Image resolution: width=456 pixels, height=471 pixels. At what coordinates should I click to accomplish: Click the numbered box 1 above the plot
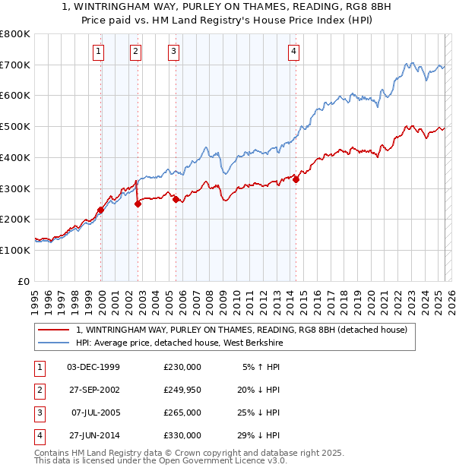(x=100, y=52)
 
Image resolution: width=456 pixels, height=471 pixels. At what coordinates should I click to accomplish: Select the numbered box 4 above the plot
(x=293, y=52)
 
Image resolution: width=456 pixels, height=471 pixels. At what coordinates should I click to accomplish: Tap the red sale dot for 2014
(x=296, y=179)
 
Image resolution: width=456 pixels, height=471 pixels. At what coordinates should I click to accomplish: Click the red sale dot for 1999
(x=100, y=210)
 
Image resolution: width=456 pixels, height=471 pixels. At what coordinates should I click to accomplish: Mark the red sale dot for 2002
(x=138, y=204)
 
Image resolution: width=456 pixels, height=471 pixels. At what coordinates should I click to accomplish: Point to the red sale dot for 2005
(x=176, y=199)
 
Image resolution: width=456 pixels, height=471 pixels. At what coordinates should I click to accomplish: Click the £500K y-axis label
(x=15, y=127)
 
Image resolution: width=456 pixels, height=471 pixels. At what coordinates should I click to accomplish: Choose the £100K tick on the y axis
(x=15, y=250)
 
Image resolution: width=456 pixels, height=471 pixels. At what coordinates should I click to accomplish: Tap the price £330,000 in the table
(x=182, y=435)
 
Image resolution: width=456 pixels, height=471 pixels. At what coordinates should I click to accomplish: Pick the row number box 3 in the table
(x=39, y=413)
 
